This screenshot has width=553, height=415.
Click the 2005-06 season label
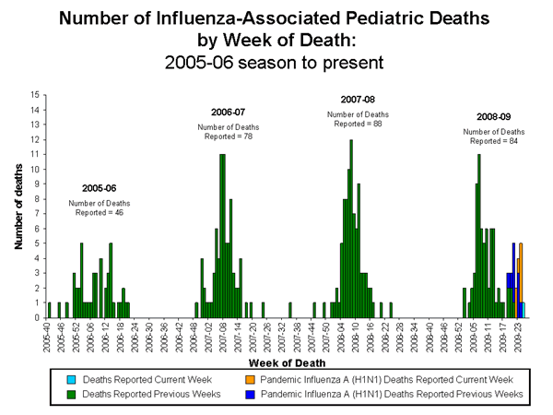[99, 187]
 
